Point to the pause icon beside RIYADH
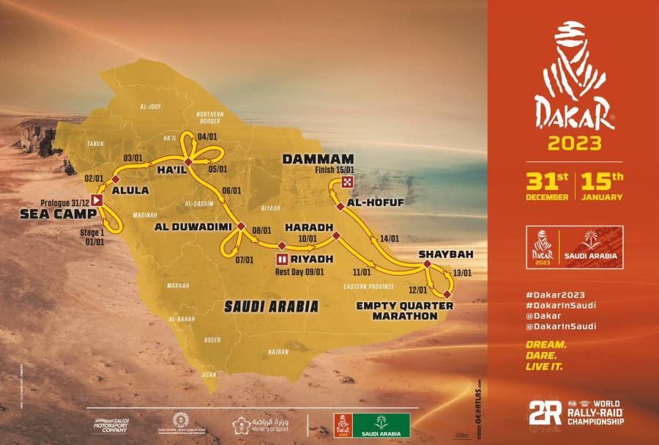click(283, 259)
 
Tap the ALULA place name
click(129, 191)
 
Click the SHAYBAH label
click(442, 255)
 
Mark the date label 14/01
click(390, 238)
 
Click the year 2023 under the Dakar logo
click(575, 143)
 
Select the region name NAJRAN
click(278, 352)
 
